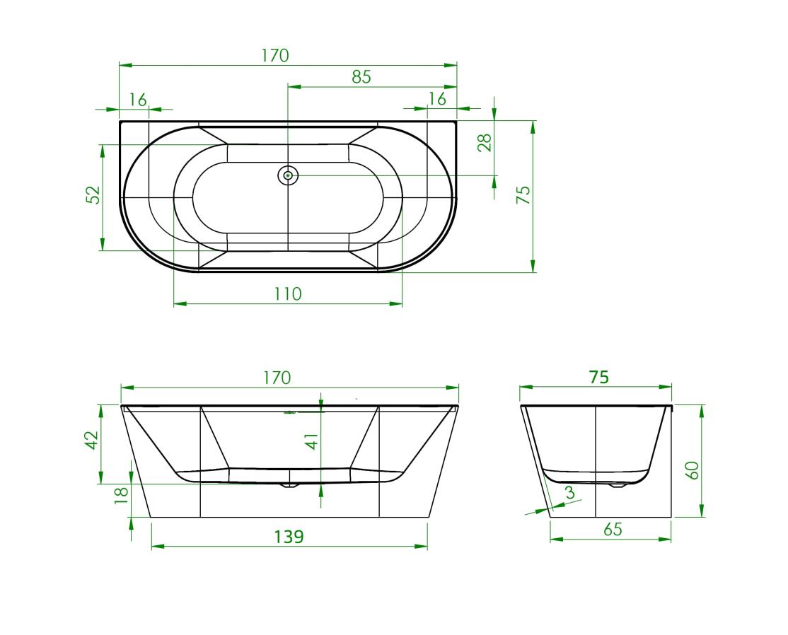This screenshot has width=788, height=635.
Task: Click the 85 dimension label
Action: (x=361, y=76)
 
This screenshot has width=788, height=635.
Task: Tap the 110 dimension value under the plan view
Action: (x=287, y=293)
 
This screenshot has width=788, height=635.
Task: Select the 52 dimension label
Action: (x=94, y=195)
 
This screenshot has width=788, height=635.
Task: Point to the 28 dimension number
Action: (x=485, y=143)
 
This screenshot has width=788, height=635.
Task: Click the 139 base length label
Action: (x=289, y=537)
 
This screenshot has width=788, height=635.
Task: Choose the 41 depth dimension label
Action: (x=313, y=441)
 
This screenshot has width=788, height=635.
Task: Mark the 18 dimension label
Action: (x=122, y=495)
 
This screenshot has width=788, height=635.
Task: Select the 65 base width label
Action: (x=612, y=529)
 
